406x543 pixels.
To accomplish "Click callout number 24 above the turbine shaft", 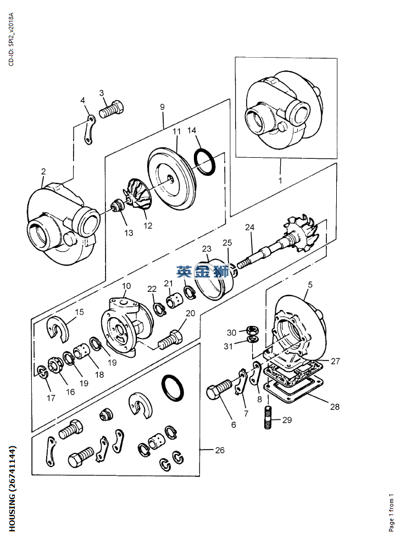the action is tap(249, 227).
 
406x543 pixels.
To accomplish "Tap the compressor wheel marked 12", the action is tap(138, 194).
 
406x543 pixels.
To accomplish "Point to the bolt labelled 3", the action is tap(111, 109).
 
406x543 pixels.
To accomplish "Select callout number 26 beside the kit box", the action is tap(220, 450).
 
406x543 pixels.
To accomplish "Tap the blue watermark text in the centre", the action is tap(203, 271).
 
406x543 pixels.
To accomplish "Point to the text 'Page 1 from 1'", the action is tap(392, 513).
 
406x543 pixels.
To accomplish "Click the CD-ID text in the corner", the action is tap(11, 39).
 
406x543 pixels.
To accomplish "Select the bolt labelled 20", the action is tap(170, 340).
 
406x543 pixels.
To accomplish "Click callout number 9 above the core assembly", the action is tap(162, 107).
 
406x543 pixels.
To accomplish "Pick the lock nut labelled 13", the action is tap(116, 207).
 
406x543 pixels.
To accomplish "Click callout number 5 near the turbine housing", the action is tap(310, 284).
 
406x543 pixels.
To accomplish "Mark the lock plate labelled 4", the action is tap(89, 130).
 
